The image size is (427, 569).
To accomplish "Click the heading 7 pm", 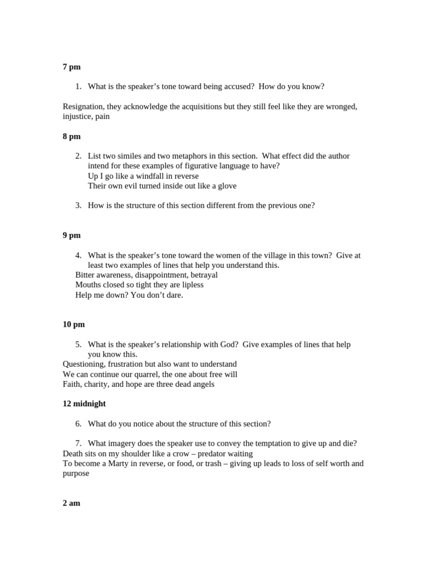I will [71, 67].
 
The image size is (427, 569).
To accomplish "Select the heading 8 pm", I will [71, 136].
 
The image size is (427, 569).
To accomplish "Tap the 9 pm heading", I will [71, 235].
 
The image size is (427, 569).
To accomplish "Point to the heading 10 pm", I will [73, 324].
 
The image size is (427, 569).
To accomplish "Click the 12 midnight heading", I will [84, 403].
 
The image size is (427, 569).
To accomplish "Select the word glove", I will [226, 186].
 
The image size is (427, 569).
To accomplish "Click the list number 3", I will [78, 205].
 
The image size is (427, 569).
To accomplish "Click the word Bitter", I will [86, 275].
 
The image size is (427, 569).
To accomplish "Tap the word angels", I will [201, 384].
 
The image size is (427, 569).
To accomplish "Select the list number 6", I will [78, 423].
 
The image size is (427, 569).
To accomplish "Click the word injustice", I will [78, 116].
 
